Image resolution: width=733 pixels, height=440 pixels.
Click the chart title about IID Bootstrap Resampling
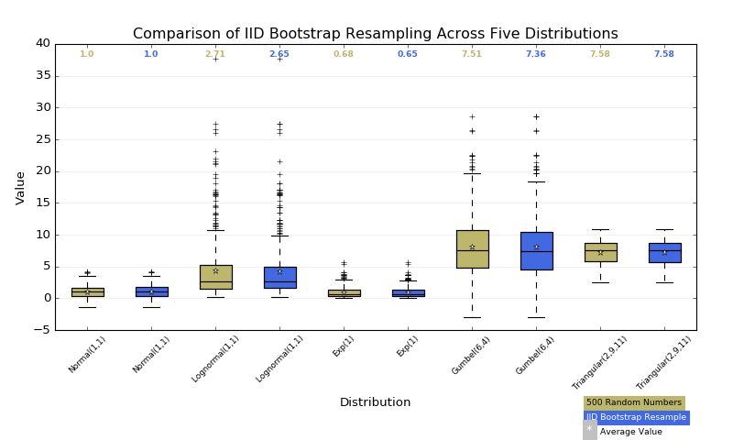point(375,34)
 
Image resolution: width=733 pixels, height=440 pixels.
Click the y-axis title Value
point(20,187)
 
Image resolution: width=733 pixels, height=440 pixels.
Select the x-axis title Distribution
point(375,402)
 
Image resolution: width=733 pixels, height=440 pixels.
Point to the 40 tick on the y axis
point(42,44)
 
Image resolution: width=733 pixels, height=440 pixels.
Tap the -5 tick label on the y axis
point(42,330)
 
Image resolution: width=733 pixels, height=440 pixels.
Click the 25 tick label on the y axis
point(42,139)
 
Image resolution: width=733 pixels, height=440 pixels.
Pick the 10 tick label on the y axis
point(42,235)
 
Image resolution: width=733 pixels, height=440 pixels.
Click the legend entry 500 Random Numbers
point(634,402)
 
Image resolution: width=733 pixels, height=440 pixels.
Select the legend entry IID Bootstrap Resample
point(636,417)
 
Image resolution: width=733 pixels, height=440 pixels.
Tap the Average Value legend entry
point(630,432)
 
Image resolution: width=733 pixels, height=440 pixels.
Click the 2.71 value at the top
point(215,54)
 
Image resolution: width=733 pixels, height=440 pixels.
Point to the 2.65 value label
point(279,54)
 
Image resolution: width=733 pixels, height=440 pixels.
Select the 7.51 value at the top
point(472,54)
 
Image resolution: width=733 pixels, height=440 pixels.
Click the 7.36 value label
point(536,54)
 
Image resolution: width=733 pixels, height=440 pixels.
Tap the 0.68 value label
point(344,54)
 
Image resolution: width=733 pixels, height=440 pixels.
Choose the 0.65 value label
point(408,54)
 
